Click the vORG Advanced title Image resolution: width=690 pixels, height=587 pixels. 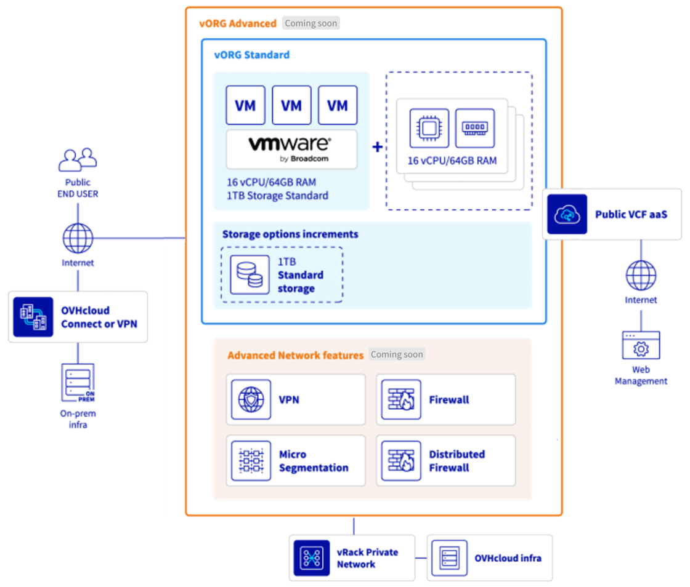(238, 23)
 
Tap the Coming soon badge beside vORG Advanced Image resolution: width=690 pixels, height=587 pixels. (311, 23)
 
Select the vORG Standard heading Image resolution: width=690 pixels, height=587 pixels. (251, 55)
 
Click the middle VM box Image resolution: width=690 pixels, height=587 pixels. (291, 105)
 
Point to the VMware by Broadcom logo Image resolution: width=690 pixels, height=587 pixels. (291, 149)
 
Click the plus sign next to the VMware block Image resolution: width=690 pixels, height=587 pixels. (377, 148)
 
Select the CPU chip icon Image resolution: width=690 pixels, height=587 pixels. (430, 128)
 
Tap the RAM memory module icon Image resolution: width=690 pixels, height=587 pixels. (475, 128)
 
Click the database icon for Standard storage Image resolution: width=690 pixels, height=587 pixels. (250, 274)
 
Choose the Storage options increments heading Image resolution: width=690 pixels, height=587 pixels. (290, 234)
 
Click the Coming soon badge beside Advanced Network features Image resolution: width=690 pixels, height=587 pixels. (397, 354)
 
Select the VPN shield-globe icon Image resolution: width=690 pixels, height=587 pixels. (251, 399)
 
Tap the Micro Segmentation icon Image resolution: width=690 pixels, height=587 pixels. (251, 461)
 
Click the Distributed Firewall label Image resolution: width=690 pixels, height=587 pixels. (457, 461)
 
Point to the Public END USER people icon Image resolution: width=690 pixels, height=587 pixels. (78, 159)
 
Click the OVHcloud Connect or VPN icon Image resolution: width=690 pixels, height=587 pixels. (33, 317)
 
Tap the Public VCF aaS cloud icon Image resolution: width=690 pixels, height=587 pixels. (567, 214)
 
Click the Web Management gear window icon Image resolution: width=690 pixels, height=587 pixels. (641, 346)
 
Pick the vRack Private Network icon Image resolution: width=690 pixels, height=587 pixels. (312, 558)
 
